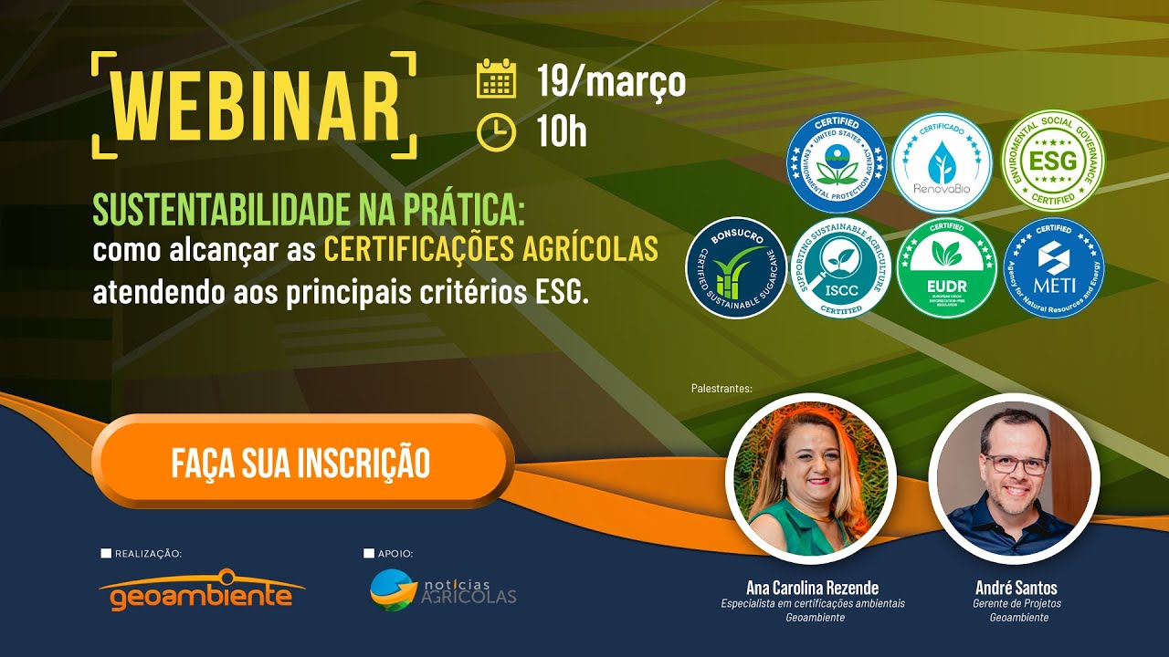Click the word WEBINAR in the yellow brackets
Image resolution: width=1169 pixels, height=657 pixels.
(255, 105)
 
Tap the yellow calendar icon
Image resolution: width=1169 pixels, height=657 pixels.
(497, 79)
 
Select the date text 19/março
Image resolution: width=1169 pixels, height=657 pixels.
(611, 81)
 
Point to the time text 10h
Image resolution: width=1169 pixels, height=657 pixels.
(562, 133)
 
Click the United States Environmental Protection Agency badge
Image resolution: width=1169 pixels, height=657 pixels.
(837, 162)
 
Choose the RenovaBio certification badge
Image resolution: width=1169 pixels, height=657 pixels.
(942, 162)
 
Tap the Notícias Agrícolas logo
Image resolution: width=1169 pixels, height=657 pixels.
(443, 590)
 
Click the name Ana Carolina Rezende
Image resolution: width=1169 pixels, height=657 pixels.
(812, 588)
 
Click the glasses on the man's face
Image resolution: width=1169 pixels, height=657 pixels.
(1015, 464)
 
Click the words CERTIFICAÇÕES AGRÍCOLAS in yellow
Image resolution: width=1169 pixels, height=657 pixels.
(491, 249)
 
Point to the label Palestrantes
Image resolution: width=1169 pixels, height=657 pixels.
(721, 389)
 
